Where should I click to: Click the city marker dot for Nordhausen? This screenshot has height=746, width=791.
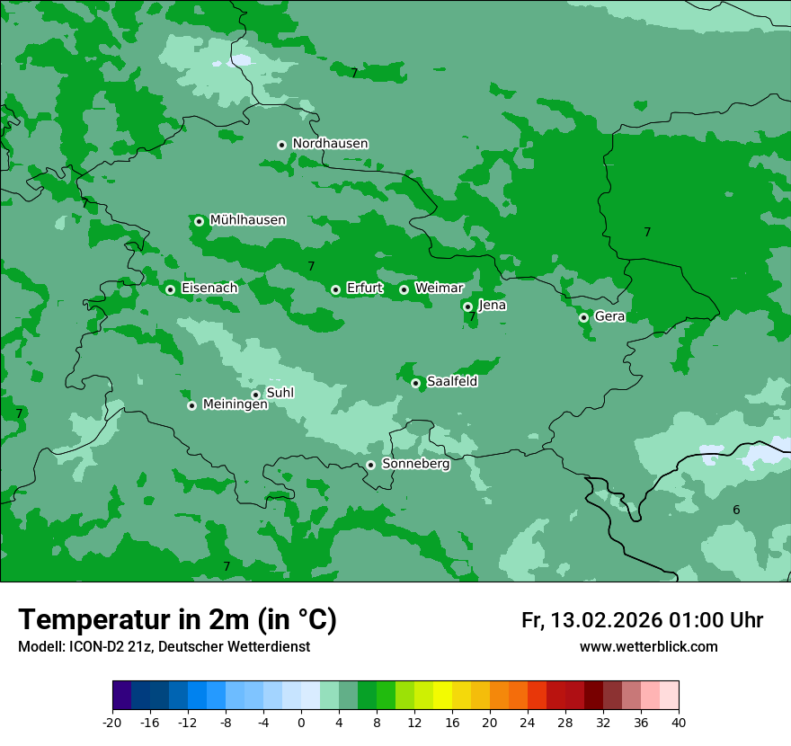point(281,145)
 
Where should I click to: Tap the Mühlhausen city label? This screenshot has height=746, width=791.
point(247,220)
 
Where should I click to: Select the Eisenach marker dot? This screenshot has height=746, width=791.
point(170,289)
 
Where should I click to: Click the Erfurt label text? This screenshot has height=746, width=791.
point(364,289)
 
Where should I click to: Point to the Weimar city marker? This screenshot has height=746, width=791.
point(404,289)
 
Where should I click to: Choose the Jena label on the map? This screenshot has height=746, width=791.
point(492,306)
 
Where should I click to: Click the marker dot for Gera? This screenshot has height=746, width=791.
point(583,317)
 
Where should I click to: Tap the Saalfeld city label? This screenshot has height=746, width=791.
point(451,382)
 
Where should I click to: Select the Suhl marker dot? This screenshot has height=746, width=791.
point(255,395)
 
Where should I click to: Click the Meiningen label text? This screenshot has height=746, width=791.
point(235,405)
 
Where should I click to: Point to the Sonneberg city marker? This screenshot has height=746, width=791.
point(370,466)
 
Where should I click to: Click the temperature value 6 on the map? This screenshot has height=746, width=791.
point(736,511)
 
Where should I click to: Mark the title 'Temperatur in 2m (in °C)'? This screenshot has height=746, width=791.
point(177,620)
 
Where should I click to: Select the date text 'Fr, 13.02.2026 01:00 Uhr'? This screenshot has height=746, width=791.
point(642,620)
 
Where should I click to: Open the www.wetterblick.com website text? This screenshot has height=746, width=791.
point(648,647)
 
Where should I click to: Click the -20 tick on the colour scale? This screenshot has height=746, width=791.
point(112,723)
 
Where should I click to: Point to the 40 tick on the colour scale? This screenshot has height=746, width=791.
point(679,723)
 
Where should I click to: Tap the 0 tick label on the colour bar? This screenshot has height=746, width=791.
point(301,723)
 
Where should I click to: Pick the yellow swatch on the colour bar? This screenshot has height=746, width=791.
point(442,696)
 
